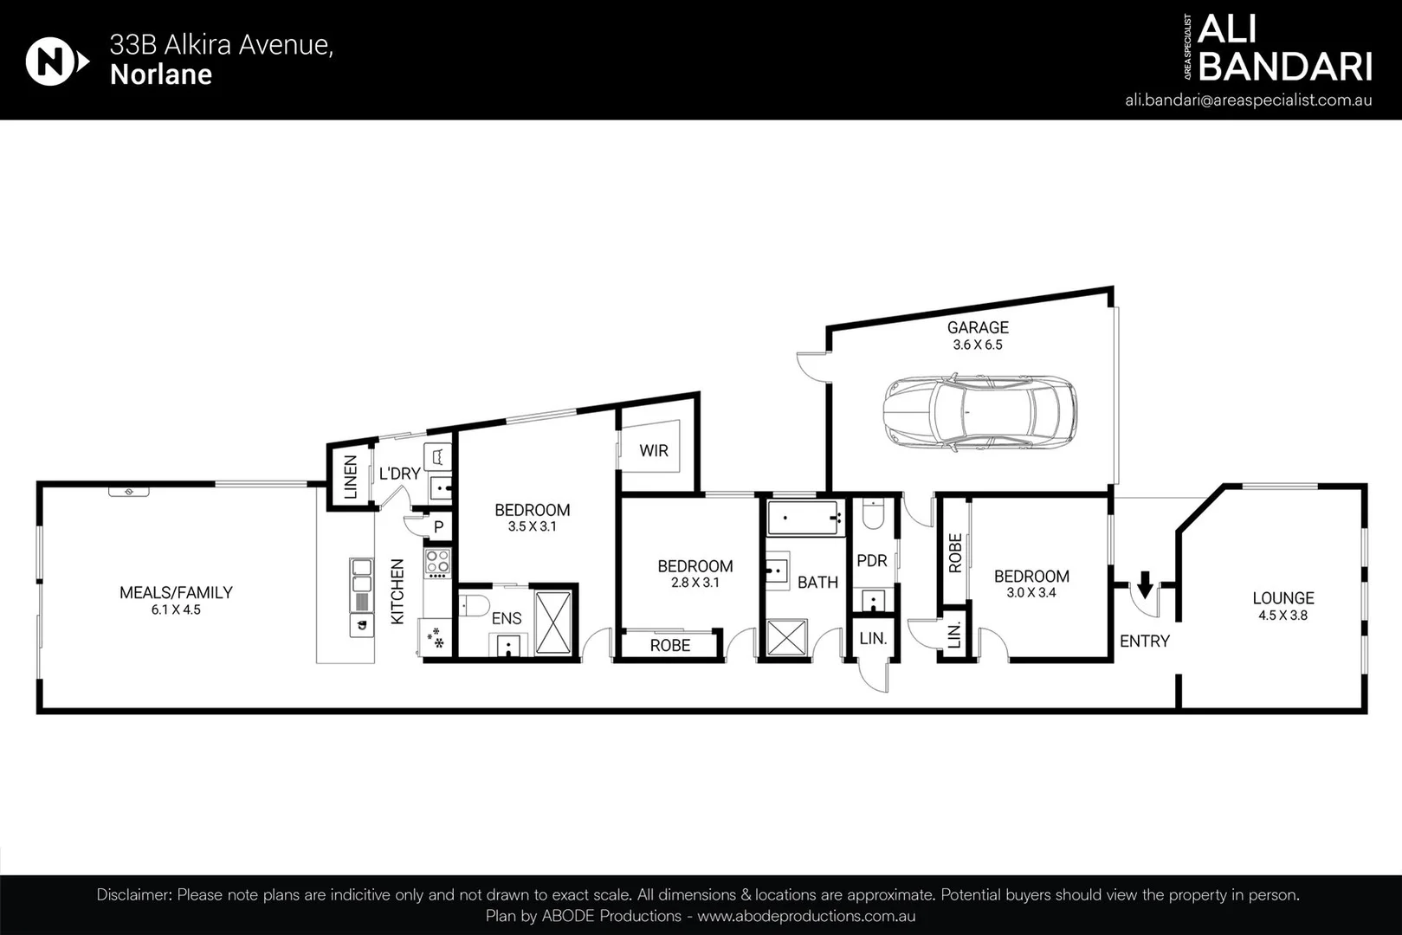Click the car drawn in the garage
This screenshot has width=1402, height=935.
point(979,412)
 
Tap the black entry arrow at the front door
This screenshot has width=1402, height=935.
point(1144,585)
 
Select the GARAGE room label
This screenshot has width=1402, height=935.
point(977,327)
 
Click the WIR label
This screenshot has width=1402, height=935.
point(653,450)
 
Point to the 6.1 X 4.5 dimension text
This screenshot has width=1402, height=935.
point(175,609)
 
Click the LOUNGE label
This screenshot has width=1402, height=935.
point(1282,597)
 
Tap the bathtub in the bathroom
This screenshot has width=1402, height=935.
point(804,518)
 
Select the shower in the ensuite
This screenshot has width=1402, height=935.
point(553,622)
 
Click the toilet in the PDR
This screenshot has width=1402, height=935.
point(873,514)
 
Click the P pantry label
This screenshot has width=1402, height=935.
point(438,526)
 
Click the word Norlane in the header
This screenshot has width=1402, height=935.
point(161,75)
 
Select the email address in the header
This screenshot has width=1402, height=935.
point(1248,100)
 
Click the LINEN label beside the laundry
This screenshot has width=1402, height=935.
point(350,476)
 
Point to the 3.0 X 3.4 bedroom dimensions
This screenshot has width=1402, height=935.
point(1031,593)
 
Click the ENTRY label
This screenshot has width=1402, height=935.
point(1144,641)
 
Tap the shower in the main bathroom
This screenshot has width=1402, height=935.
point(786,639)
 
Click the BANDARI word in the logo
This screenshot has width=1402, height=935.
point(1285,67)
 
